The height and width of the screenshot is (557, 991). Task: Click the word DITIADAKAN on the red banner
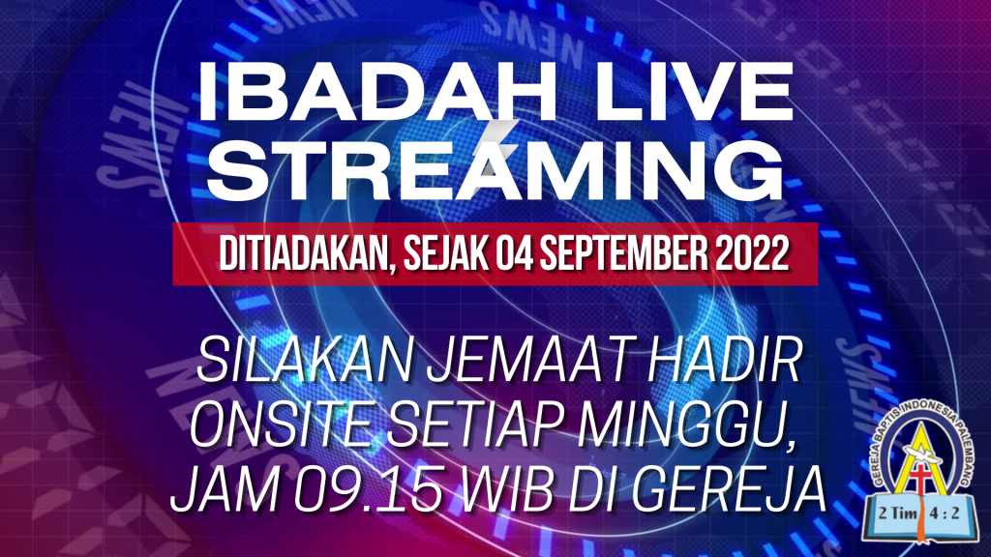(x=307, y=254)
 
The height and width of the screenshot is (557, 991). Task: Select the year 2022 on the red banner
(x=753, y=254)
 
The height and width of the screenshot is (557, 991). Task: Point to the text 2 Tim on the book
(x=897, y=513)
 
